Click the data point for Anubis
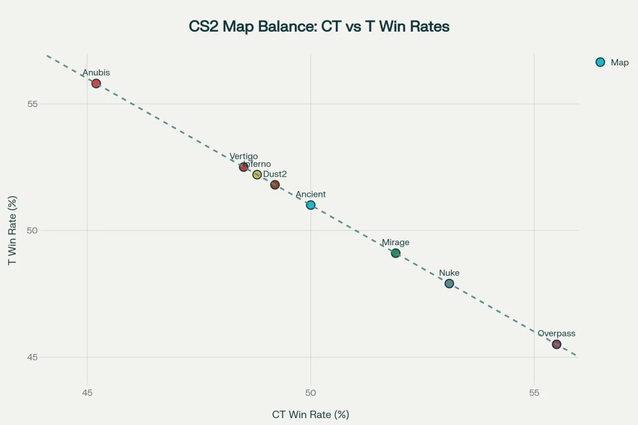click(96, 83)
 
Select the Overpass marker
click(556, 344)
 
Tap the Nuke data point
click(449, 284)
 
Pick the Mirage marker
click(396, 253)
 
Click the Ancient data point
click(311, 205)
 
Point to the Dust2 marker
click(275, 185)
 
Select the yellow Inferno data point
click(257, 175)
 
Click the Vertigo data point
click(244, 167)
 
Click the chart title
click(319, 27)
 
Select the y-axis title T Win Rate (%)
click(12, 230)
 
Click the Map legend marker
click(601, 62)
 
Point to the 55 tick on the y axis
click(32, 103)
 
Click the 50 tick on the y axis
click(32, 230)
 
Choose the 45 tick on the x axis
click(87, 393)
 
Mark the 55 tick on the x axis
click(534, 393)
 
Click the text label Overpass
click(556, 334)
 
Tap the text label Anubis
click(96, 73)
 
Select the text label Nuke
click(449, 273)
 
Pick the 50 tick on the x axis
click(311, 393)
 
